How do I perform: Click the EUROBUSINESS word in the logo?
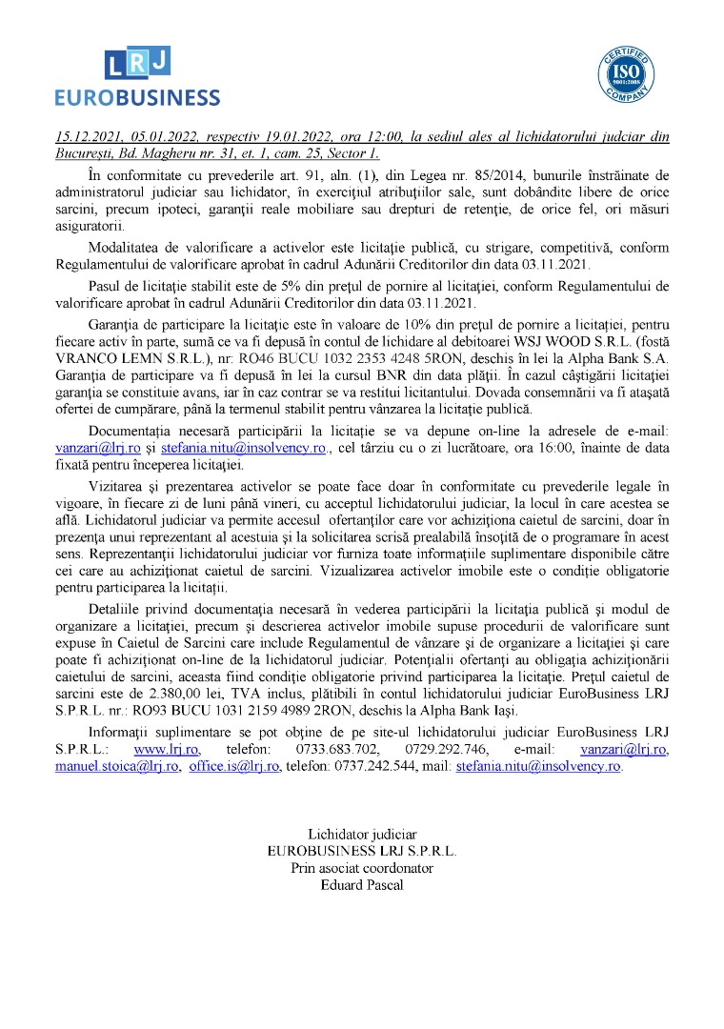tap(137, 97)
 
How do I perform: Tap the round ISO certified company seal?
tap(628, 73)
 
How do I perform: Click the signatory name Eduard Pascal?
tap(362, 885)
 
